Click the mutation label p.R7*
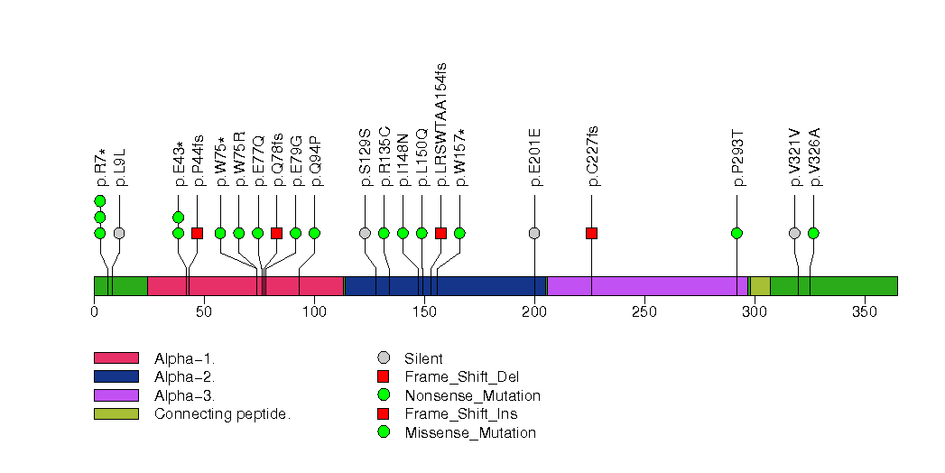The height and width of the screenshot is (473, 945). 100,168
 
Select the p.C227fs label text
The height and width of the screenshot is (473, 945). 592,156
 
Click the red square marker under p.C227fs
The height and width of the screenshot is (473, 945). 592,233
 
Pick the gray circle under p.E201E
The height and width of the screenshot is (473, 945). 534,233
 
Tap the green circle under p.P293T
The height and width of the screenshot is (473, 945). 737,233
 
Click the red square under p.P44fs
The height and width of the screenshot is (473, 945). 197,233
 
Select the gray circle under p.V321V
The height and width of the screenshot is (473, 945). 794,233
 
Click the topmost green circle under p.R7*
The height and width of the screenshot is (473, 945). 100,200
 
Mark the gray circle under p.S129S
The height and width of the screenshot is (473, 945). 365,233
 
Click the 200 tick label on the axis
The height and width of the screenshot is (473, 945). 534,311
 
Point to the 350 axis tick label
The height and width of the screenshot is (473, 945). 865,311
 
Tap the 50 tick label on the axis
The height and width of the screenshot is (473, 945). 204,311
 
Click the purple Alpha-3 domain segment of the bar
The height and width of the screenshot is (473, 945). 646,286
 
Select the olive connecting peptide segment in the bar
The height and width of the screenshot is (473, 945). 760,286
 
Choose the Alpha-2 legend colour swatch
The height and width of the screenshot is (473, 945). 116,376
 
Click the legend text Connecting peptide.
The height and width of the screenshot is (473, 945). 222,414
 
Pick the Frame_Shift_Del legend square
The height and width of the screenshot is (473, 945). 384,376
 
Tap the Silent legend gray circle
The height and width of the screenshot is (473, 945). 384,358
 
